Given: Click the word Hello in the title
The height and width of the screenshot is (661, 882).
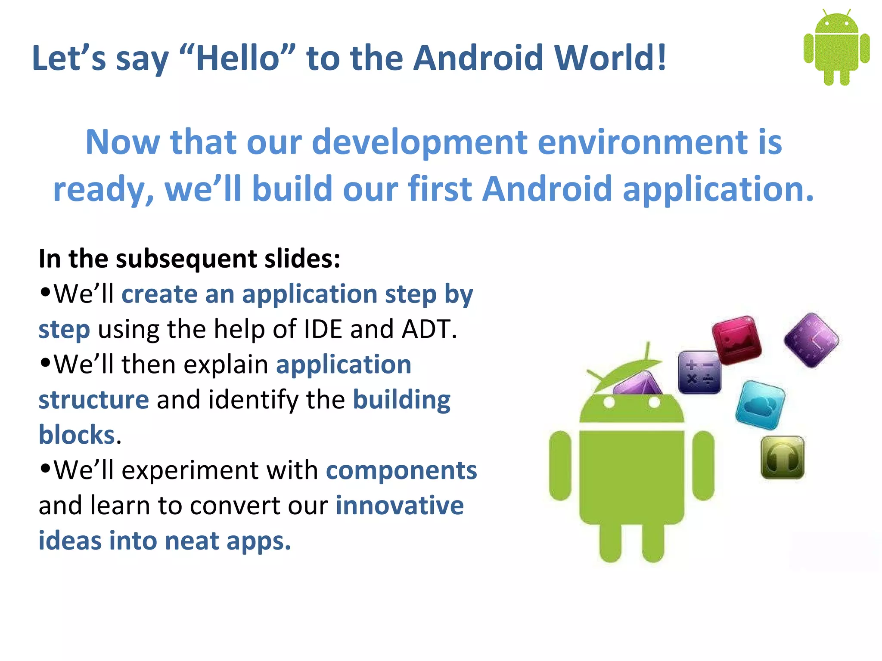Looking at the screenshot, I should (238, 58).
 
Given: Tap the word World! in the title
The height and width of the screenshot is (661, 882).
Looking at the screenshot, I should (610, 58).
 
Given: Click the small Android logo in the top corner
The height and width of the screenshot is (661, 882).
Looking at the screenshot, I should (836, 47).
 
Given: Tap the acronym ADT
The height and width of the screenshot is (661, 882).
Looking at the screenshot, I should (429, 330).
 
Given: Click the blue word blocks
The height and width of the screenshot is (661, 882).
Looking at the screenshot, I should (77, 435).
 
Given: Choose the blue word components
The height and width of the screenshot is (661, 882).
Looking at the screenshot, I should (401, 470).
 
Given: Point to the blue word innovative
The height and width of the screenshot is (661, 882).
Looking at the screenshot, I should (399, 506).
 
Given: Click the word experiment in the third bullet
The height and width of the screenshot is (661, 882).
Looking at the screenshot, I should (189, 470).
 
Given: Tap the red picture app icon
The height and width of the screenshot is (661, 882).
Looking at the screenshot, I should (736, 340).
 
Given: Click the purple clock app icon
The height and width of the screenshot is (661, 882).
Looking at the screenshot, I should (811, 340).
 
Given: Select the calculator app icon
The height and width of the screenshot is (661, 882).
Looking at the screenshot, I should (699, 372).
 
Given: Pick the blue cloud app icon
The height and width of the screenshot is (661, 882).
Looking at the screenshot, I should (760, 405).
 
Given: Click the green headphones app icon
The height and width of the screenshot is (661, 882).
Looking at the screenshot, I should (783, 457).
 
